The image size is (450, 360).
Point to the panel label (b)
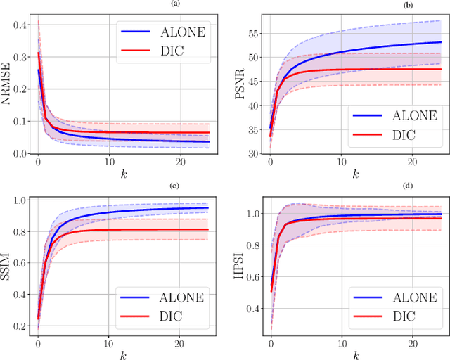tap(348, 6)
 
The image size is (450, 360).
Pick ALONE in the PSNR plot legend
tap(407, 115)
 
